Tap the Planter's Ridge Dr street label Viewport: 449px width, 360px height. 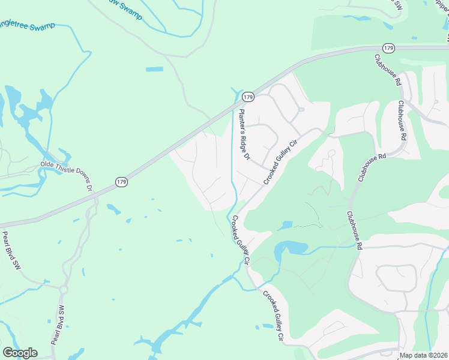pyautogui.click(x=244, y=134)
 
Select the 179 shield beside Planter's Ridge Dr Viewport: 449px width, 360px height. pyautogui.click(x=247, y=97)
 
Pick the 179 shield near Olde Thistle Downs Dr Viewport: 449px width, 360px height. pyautogui.click(x=121, y=181)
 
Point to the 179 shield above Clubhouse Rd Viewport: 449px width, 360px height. pyautogui.click(x=388, y=48)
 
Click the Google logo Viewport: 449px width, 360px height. pyautogui.click(x=20, y=353)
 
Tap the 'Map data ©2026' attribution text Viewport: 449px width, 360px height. pyautogui.click(x=424, y=355)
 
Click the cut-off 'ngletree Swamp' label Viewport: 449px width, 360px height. pyautogui.click(x=28, y=26)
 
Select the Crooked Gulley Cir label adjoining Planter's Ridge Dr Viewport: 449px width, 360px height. pyautogui.click(x=280, y=162)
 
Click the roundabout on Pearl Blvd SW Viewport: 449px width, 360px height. pyautogui.click(x=63, y=290)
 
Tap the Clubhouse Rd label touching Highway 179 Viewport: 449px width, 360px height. pyautogui.click(x=388, y=71)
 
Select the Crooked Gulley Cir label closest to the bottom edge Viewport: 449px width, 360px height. pyautogui.click(x=271, y=316)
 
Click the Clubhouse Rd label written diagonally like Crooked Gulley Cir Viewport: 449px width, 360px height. pyautogui.click(x=373, y=166)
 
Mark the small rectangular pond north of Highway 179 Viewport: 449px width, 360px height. pyautogui.click(x=154, y=69)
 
